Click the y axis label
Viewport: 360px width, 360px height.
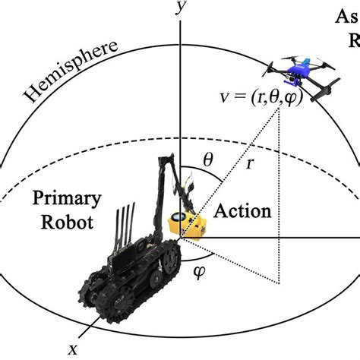coord(179,8)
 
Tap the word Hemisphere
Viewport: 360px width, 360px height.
coord(71,73)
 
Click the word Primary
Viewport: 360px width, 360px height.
coord(67,200)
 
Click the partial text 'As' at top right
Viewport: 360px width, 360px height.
coord(346,17)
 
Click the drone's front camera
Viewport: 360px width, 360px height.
coord(283,73)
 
